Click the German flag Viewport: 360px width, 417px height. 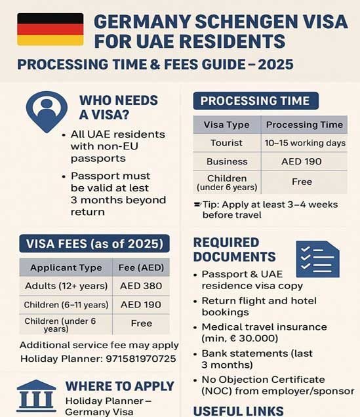pyautogui.click(x=50, y=30)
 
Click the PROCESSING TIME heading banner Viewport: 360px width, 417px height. pyautogui.click(x=255, y=101)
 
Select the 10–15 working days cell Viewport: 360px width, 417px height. pyautogui.click(x=304, y=143)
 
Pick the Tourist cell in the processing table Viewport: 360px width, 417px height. pyautogui.click(x=226, y=143)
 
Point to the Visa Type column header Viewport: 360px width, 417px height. pyautogui.click(x=226, y=125)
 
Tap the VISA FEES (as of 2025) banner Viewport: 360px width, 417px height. pyautogui.click(x=94, y=245)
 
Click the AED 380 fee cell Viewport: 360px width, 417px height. pyautogui.click(x=140, y=286)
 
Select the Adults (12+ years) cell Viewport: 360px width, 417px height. pyautogui.click(x=66, y=286)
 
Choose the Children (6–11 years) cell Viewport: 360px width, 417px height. pyautogui.click(x=66, y=305)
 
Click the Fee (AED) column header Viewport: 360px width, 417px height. pyautogui.click(x=142, y=268)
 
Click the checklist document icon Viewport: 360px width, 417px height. pyautogui.click(x=317, y=259)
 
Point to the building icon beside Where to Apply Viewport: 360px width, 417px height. pyautogui.click(x=35, y=395)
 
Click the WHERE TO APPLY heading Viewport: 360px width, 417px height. pyautogui.click(x=119, y=386)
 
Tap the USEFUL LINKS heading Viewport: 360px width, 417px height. pyautogui.click(x=239, y=411)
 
